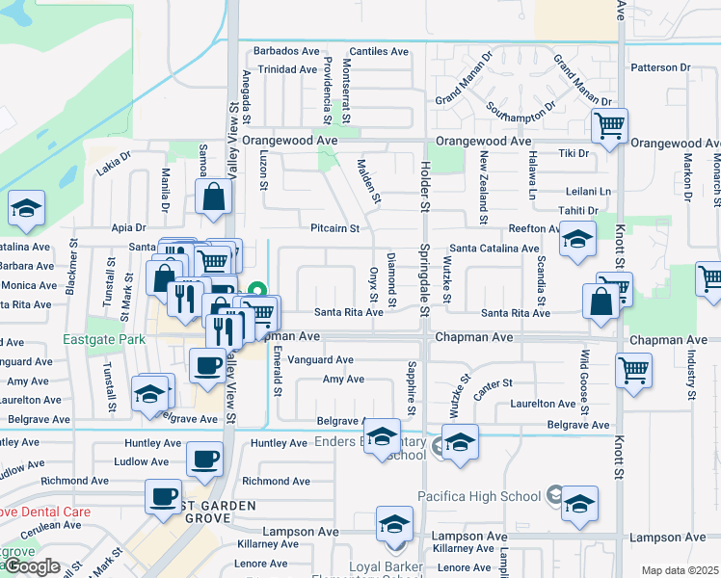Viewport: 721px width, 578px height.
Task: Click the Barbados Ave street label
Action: (285, 51)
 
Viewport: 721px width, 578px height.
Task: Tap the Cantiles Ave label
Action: (379, 51)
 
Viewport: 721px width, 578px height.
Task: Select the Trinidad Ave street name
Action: (286, 69)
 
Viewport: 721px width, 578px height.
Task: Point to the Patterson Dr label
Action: (659, 68)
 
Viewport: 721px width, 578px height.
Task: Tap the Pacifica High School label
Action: (478, 496)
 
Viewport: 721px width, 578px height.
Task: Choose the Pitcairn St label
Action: (334, 229)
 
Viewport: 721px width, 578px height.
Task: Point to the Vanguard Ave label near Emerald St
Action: (320, 360)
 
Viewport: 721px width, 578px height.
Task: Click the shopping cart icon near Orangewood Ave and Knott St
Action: (610, 125)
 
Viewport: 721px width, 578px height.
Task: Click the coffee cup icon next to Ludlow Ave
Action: (203, 460)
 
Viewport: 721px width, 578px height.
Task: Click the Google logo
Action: (32, 566)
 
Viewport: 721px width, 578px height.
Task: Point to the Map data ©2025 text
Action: (680, 570)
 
